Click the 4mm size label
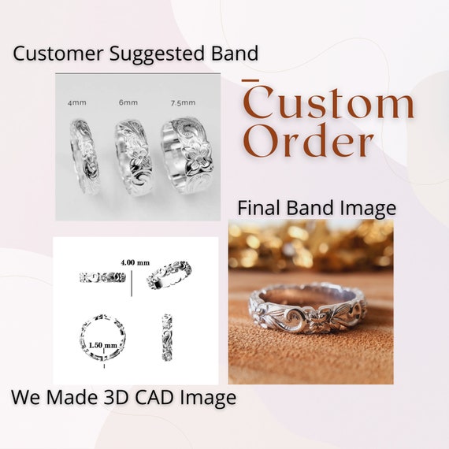point(77,103)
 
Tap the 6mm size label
point(128,102)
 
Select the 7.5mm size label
point(184,103)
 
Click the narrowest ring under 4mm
point(84,157)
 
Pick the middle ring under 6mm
point(133,158)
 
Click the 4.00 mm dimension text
point(135,262)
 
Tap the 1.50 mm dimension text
point(103,345)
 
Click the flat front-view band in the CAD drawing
point(102,277)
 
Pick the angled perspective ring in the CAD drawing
point(169,275)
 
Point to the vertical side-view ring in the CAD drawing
point(167,337)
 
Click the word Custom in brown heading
point(328,102)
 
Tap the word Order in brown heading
point(309,141)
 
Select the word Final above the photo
point(259,208)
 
